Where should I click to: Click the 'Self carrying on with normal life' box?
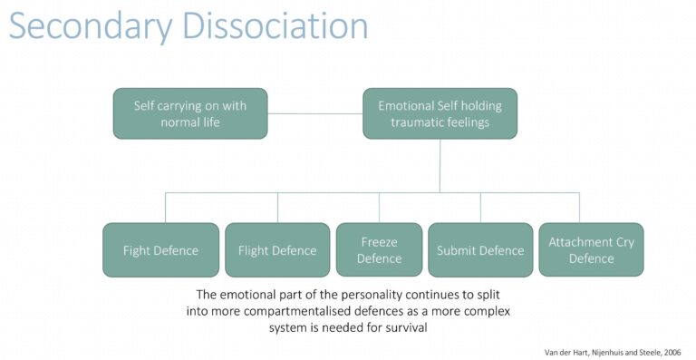(x=190, y=113)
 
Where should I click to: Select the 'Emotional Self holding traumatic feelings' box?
(x=440, y=113)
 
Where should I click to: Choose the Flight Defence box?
(x=277, y=249)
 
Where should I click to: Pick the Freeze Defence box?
(x=379, y=249)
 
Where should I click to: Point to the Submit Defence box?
(x=480, y=249)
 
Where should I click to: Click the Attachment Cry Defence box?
(x=591, y=249)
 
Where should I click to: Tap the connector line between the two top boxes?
(x=315, y=113)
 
